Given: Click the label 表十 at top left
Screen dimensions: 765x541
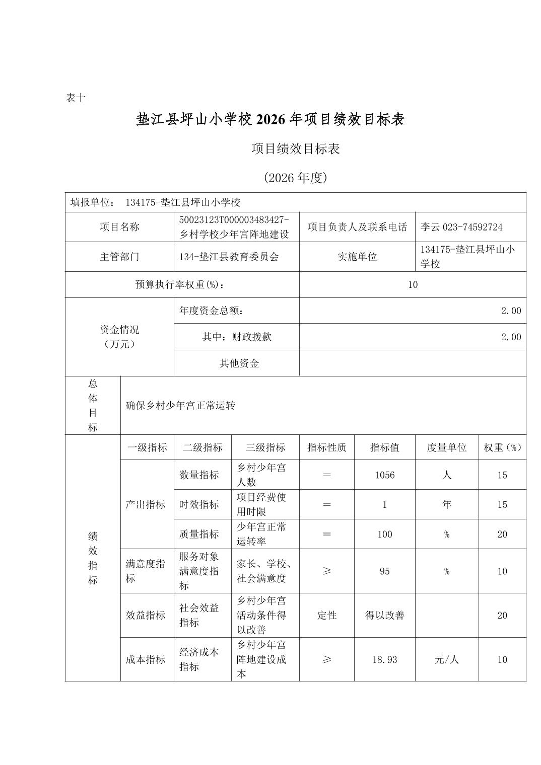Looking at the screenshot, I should [x=76, y=98].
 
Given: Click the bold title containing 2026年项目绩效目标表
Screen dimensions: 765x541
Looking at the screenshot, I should [x=270, y=120].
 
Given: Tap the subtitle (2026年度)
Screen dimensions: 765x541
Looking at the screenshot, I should [x=295, y=178].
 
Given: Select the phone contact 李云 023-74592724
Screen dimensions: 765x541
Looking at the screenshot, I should [x=461, y=227].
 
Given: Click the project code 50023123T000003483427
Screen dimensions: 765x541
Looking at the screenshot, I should [x=234, y=220].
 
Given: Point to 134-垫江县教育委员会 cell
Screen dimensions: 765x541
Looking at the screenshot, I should [x=229, y=257].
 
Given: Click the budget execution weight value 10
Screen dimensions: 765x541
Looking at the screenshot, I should [x=413, y=285].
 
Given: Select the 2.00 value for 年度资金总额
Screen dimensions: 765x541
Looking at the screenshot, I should [x=510, y=311].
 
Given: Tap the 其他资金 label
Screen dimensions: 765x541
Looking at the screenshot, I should [x=239, y=363].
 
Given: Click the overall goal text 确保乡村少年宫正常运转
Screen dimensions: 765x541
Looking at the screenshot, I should [x=180, y=406].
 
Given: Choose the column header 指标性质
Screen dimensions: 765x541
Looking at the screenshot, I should [x=326, y=447].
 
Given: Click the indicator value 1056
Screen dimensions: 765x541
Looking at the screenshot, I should [x=384, y=475].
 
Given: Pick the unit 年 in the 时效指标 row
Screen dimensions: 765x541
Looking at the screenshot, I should [x=446, y=504].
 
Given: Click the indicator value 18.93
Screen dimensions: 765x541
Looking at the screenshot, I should [x=384, y=659].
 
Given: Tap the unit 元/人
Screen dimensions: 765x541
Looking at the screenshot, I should [x=446, y=659].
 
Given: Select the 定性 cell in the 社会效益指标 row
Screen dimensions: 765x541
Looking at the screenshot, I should [x=326, y=615].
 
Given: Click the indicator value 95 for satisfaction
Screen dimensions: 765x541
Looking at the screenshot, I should [x=384, y=571].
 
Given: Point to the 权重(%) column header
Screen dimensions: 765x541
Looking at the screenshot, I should [x=502, y=447].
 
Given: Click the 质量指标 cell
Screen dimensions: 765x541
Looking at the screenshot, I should [x=199, y=534].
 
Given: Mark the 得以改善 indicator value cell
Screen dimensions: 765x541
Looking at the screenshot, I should [x=384, y=615].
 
